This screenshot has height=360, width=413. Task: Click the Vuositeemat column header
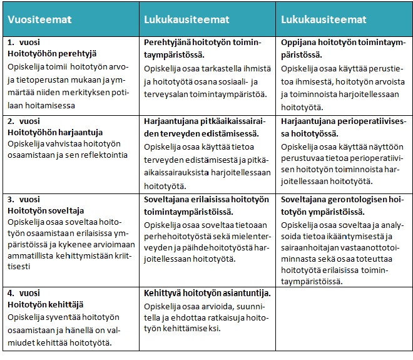click(39, 20)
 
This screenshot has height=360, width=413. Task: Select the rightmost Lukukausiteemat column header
click(324, 20)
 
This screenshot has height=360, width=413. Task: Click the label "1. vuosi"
click(24, 43)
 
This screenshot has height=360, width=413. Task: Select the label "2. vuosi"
click(24, 121)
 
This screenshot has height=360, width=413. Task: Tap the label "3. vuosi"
click(24, 200)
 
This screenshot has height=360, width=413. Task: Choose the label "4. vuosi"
click(24, 292)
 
